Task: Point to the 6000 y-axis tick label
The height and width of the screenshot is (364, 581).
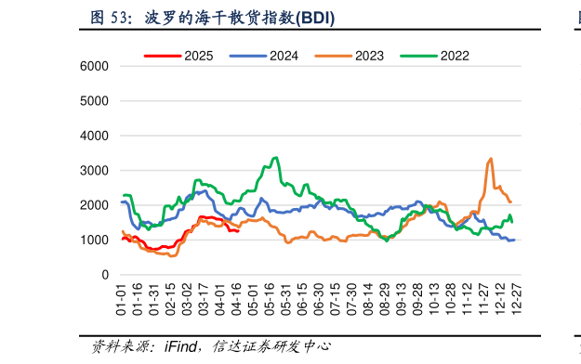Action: (x=94, y=67)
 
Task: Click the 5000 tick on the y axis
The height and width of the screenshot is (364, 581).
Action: (x=94, y=101)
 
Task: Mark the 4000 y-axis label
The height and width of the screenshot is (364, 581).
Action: (x=94, y=136)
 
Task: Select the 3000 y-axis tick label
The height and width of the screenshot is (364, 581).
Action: (x=94, y=171)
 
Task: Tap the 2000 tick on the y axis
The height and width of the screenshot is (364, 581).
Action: (x=94, y=206)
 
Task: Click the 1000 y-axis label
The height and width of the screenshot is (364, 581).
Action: (x=94, y=240)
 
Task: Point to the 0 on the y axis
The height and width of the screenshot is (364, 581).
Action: (x=105, y=276)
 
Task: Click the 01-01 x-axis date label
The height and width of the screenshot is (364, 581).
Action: (x=122, y=300)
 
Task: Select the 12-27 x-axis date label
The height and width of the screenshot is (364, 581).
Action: (x=517, y=300)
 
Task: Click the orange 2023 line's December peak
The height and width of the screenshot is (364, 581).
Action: (x=490, y=159)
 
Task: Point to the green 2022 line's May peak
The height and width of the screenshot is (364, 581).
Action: (x=275, y=158)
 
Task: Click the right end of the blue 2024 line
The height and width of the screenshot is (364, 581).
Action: (x=514, y=240)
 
